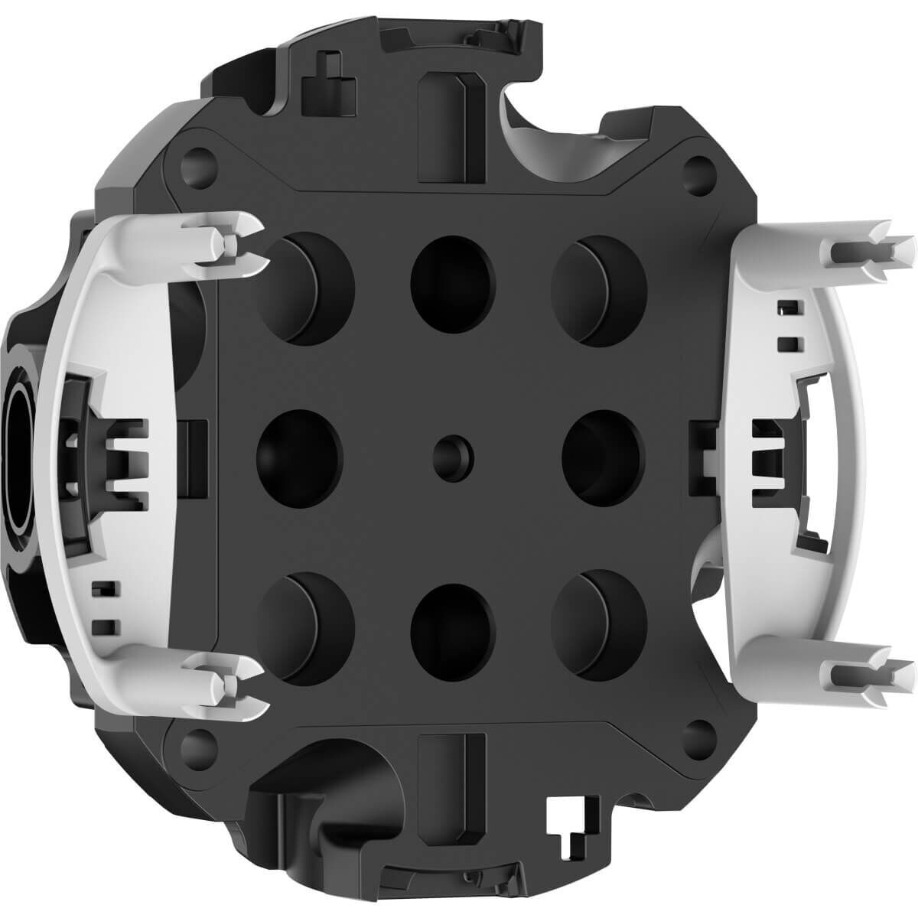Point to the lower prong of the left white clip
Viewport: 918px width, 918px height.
233,673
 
